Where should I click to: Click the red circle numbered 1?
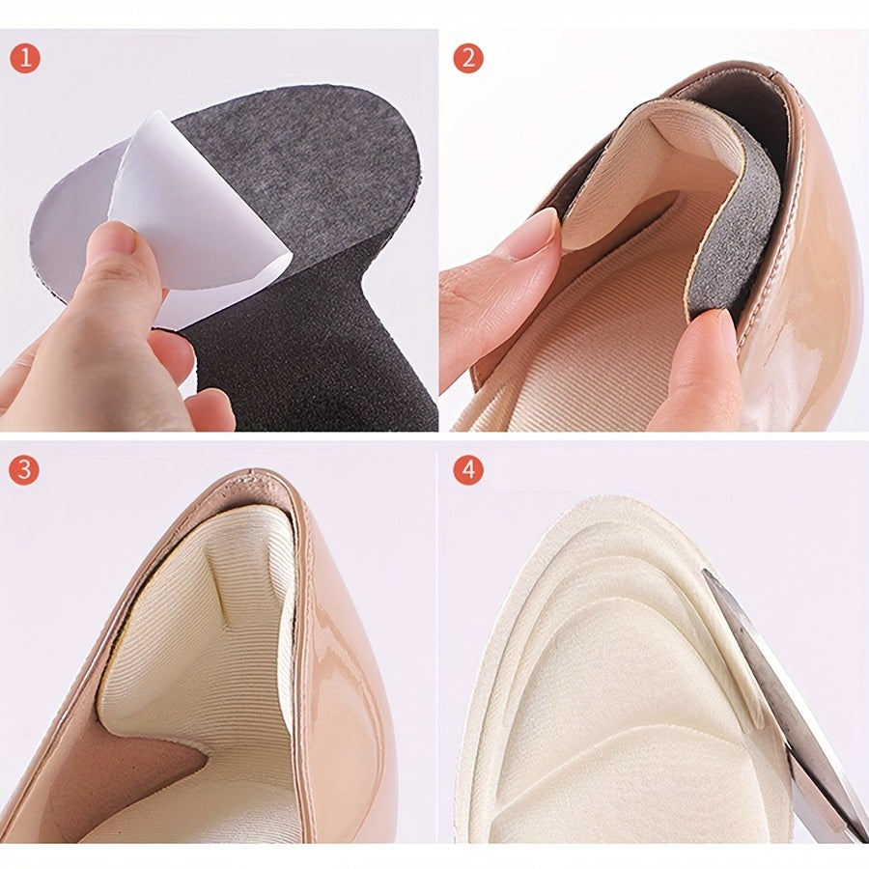coord(25,58)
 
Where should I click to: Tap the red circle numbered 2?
coord(468,58)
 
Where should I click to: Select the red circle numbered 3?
coord(24,470)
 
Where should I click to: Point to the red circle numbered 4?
coord(468,470)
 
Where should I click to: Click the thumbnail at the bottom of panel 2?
coord(720,332)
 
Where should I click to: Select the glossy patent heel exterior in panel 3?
coord(344,692)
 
